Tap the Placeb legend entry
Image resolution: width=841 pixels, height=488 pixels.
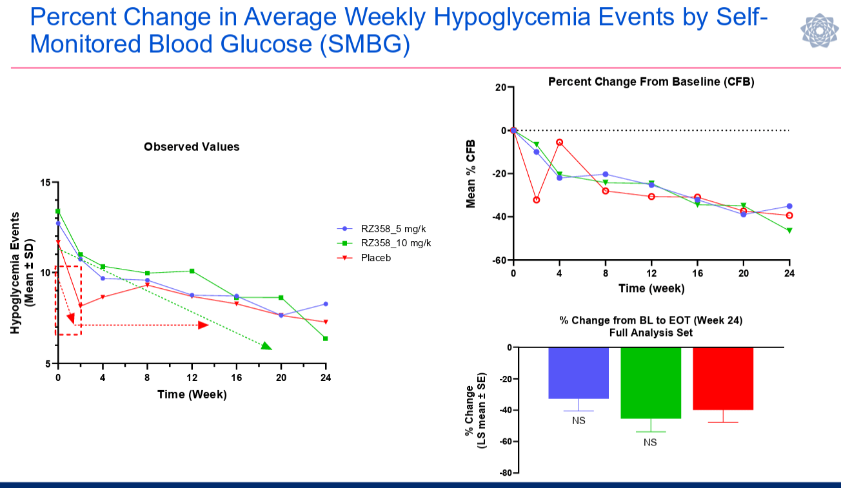[x=377, y=258]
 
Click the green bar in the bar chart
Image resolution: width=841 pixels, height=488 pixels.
[x=651, y=382]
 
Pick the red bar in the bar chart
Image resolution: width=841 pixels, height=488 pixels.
[x=723, y=378]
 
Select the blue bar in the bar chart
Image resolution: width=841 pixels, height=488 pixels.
[x=579, y=373]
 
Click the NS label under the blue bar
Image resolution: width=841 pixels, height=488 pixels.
[x=579, y=420]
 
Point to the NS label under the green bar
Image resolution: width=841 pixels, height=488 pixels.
[x=650, y=442]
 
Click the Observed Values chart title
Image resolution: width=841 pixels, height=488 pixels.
[x=192, y=147]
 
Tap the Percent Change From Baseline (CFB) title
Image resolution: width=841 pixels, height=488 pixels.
[x=651, y=82]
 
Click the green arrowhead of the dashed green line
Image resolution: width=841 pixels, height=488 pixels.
[x=266, y=346]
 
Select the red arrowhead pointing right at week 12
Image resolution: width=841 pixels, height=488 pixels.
[x=203, y=325]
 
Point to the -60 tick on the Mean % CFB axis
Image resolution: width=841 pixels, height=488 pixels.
[x=499, y=260]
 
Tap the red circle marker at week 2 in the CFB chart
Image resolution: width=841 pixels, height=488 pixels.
[x=536, y=200]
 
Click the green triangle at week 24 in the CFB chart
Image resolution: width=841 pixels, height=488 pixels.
[x=789, y=230]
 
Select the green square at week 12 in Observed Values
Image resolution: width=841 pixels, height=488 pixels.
[x=192, y=271]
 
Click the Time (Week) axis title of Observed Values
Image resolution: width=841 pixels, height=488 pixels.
[x=192, y=394]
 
